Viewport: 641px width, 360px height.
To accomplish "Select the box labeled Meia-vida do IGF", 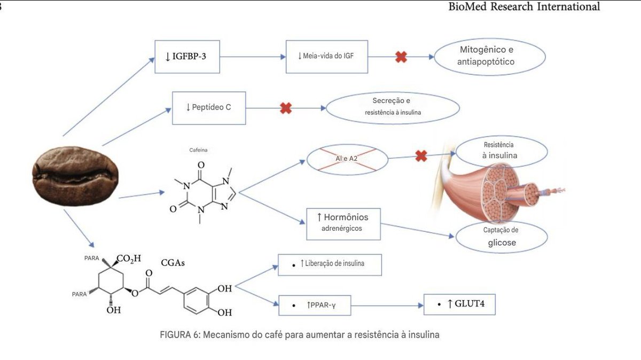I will pyautogui.click(x=327, y=56).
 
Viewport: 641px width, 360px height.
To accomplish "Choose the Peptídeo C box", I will pyautogui.click(x=209, y=107).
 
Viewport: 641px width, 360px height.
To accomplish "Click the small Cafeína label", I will pyautogui.click(x=198, y=151).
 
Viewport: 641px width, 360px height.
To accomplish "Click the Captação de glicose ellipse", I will pyautogui.click(x=501, y=236).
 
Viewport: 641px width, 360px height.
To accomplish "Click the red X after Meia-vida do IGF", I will pyautogui.click(x=401, y=56).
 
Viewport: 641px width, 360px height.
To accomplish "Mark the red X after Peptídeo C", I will pyautogui.click(x=286, y=108).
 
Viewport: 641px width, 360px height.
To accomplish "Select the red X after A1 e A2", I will pyautogui.click(x=421, y=156).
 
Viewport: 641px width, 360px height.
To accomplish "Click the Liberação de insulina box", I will pyautogui.click(x=330, y=263).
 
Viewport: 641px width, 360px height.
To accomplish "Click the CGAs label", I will pyautogui.click(x=173, y=263).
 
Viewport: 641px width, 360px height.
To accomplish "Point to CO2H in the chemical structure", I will pyautogui.click(x=128, y=259).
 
